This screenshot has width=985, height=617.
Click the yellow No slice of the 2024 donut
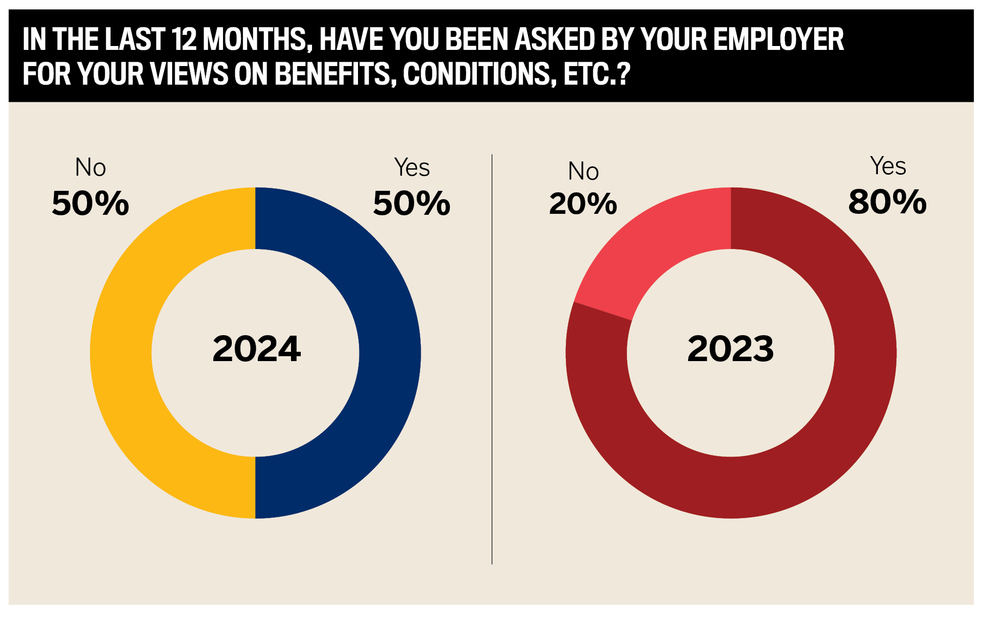(121, 352)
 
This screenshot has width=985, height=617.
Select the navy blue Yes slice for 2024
(390, 352)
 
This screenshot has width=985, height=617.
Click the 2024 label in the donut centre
(256, 349)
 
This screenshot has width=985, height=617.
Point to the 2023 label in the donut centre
(730, 349)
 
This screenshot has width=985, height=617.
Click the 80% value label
(887, 202)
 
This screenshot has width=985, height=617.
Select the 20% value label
(583, 204)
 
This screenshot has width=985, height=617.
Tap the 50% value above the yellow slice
(90, 203)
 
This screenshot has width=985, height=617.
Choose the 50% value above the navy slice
(412, 203)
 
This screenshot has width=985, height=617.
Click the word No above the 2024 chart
(90, 167)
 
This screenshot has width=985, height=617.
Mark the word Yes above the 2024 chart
(412, 167)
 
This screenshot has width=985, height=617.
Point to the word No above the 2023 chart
(583, 171)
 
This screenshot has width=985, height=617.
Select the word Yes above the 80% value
(888, 166)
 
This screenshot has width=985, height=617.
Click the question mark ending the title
(623, 74)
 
